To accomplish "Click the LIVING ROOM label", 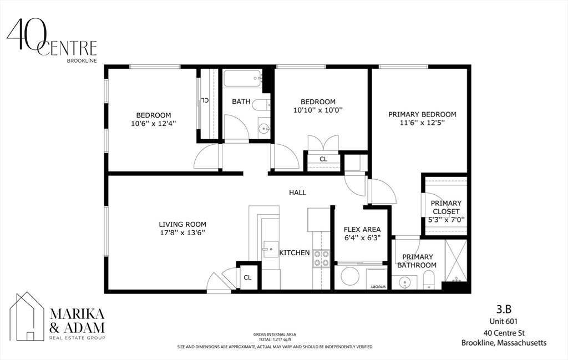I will pyautogui.click(x=182, y=224).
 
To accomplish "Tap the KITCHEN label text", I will pyautogui.click(x=294, y=253).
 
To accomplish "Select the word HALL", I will pyautogui.click(x=297, y=192).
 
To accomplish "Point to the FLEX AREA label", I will pyautogui.click(x=362, y=229).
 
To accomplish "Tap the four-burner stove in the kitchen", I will pyautogui.click(x=321, y=258).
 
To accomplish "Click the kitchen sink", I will pyautogui.click(x=270, y=249).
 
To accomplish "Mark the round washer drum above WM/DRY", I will pyautogui.click(x=350, y=276).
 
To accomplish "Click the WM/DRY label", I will pyautogui.click(x=378, y=287).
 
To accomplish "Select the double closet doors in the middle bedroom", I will pyautogui.click(x=322, y=143).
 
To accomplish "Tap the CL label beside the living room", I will pyautogui.click(x=247, y=277).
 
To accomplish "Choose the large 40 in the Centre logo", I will pyautogui.click(x=23, y=35).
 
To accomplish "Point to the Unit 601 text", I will pyautogui.click(x=503, y=321).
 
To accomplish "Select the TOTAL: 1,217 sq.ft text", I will pyautogui.click(x=275, y=339).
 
